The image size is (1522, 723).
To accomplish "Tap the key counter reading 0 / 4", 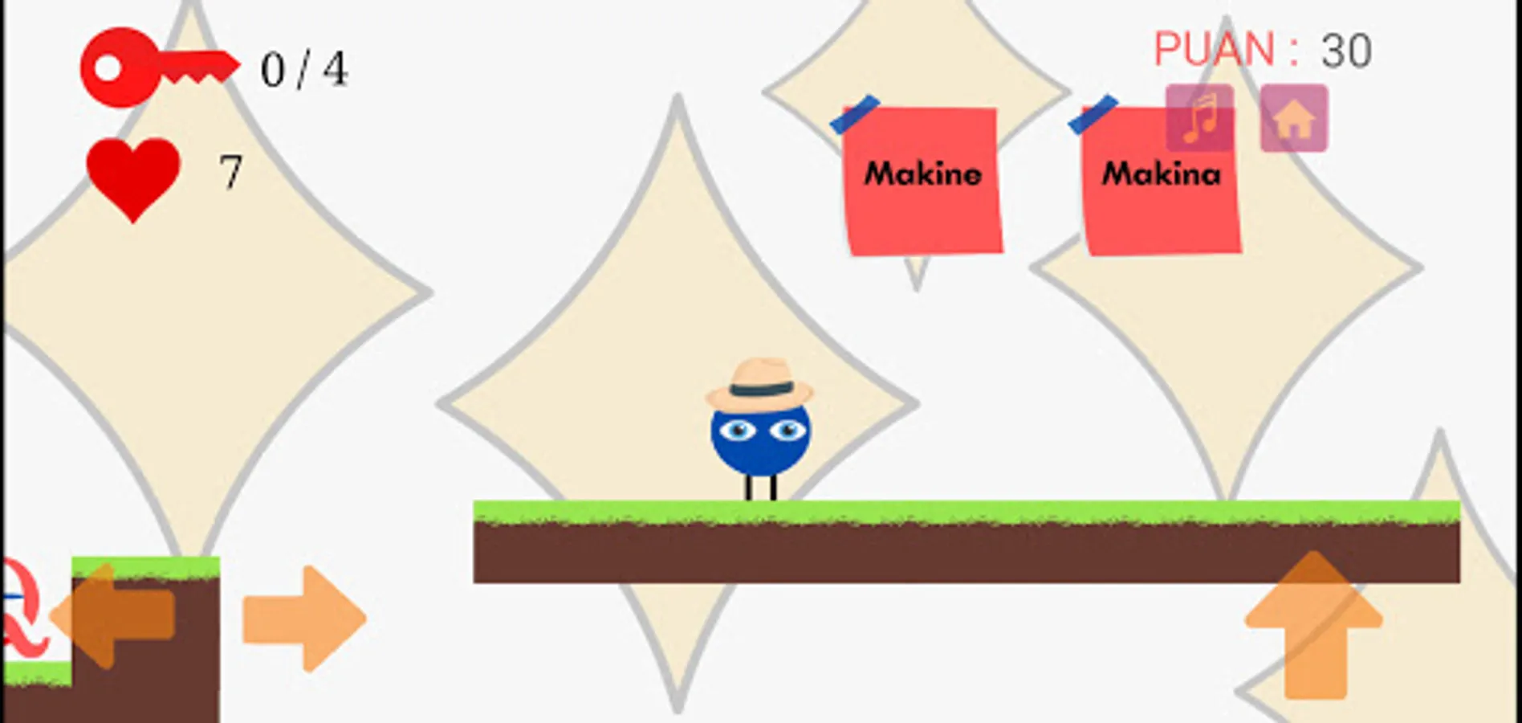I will pos(303,70).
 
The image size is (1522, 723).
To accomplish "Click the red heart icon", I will pos(133,176).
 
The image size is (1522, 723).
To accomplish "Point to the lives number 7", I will pos(231,172).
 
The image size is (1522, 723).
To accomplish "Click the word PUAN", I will pos(1213,50).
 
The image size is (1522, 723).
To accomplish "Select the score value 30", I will pos(1346,51).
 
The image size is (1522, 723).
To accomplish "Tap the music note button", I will pos(1199,118).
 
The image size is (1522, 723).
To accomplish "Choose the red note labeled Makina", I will pos(1160,193).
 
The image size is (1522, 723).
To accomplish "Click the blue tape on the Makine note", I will pos(854,114).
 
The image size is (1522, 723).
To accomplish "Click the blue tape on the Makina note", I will pos(1093,114).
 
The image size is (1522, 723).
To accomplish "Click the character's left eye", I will pos(737,431).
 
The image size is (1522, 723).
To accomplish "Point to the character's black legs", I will pos(760,488).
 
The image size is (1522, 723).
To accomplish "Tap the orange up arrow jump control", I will pos(1314,623).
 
